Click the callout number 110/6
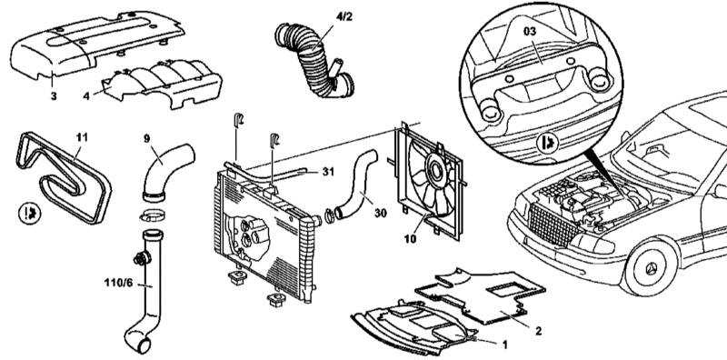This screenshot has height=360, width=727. pyautogui.click(x=119, y=282)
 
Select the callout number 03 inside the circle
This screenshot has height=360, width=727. pyautogui.click(x=530, y=32)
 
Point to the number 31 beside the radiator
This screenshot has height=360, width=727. pyautogui.click(x=328, y=172)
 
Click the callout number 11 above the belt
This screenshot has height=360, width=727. pyautogui.click(x=82, y=137)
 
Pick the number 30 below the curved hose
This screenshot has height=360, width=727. pyautogui.click(x=381, y=213)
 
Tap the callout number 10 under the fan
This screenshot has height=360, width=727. pyautogui.click(x=410, y=239)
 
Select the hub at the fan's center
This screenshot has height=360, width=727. pyautogui.click(x=435, y=170)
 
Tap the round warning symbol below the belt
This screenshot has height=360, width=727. pyautogui.click(x=30, y=213)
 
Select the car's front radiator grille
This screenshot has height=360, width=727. pyautogui.click(x=552, y=226)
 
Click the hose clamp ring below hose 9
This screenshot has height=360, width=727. pyautogui.click(x=152, y=215)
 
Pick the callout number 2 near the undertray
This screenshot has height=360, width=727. pyautogui.click(x=538, y=331)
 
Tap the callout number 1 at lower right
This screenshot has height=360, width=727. pyautogui.click(x=505, y=345)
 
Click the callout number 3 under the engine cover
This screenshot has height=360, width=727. pyautogui.click(x=54, y=96)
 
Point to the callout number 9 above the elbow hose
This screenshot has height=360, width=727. pyautogui.click(x=146, y=138)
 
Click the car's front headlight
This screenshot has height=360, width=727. pyautogui.click(x=592, y=244)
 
